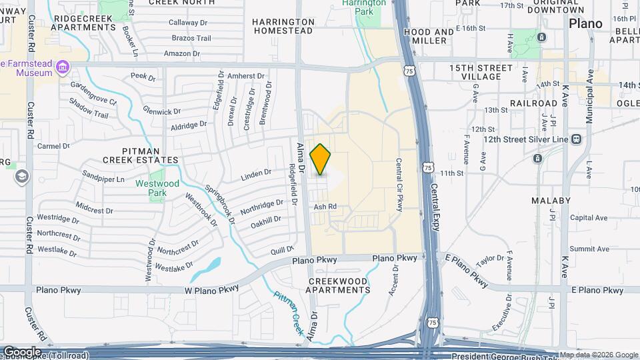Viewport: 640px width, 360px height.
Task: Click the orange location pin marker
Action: point(321,159)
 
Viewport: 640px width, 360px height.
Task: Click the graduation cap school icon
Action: point(21,177)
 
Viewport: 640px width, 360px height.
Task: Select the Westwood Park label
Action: point(157,188)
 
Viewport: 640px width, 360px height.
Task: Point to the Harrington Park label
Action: point(364,7)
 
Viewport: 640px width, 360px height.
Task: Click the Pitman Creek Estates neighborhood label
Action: point(141,155)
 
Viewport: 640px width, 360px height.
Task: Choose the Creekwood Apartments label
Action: point(339,285)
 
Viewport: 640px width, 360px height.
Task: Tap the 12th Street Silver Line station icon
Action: point(576,139)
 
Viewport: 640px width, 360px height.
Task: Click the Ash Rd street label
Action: point(325,207)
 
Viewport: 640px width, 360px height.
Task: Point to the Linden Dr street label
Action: point(256,175)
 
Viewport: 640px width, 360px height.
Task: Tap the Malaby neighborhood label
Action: point(551,200)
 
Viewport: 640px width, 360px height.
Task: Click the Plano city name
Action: point(585,23)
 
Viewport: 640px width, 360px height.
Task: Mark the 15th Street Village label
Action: point(481,72)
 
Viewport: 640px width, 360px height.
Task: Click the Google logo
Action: point(21,351)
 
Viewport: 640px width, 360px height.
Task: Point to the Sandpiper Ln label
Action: point(103,179)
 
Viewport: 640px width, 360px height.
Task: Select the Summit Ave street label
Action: point(594,249)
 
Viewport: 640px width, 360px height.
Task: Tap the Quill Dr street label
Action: point(277,250)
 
